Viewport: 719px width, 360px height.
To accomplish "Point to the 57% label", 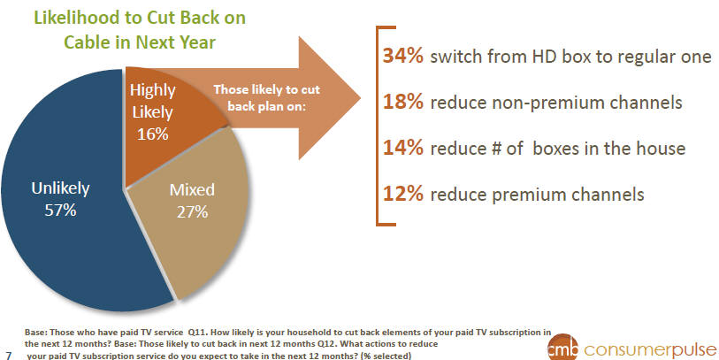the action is tap(60, 211).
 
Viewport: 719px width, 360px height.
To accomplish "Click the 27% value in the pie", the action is tap(192, 212).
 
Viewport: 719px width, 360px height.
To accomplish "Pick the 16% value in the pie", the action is tap(153, 134).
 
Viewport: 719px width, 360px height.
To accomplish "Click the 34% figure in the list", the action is tap(403, 56).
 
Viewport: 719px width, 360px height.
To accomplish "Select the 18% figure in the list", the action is tap(403, 102).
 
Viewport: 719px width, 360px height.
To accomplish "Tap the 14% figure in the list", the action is tap(403, 148).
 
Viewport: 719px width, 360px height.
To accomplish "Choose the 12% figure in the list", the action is tap(403, 194).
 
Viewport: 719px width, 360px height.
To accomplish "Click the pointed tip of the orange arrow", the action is tap(361, 97).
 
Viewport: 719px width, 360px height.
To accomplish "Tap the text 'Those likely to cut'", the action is tap(267, 89).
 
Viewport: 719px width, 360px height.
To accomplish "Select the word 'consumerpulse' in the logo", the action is tap(650, 350).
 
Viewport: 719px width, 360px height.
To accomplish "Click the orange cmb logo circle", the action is tap(562, 348).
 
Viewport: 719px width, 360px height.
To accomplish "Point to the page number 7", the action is tap(8, 356).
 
